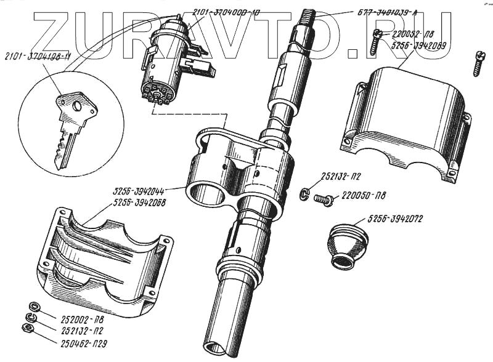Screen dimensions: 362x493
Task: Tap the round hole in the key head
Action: [76, 105]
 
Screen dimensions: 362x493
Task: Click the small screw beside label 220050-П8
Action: [323, 198]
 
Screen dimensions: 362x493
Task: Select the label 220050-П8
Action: [364, 197]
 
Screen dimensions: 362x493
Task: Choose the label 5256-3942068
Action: [139, 202]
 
